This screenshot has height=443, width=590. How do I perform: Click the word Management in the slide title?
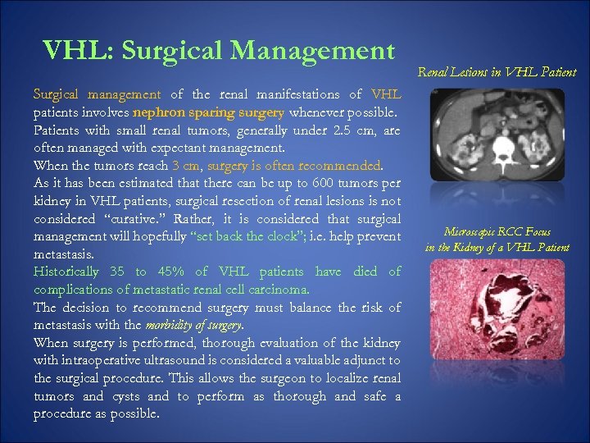[x=312, y=51]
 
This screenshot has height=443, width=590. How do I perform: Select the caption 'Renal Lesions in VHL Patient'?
[x=497, y=72]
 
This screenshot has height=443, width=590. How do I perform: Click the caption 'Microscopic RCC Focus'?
[x=497, y=233]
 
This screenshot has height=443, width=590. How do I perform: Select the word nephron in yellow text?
[x=156, y=112]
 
